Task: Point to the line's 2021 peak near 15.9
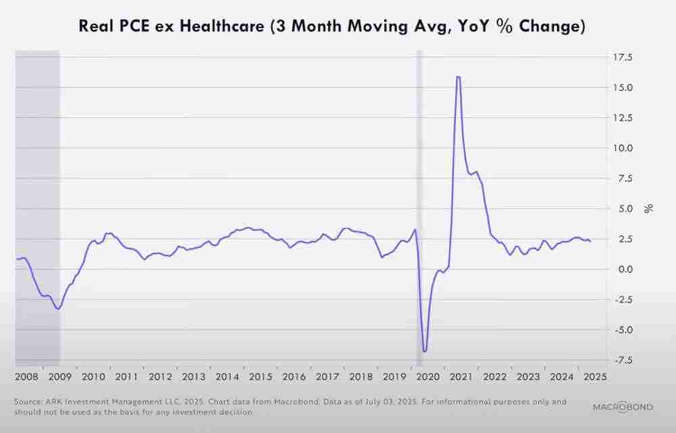[x=458, y=77]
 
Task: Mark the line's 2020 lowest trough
[x=425, y=351]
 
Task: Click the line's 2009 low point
[x=59, y=309]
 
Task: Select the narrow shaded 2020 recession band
[x=419, y=203]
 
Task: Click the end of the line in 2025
[x=590, y=241]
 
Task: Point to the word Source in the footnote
[x=28, y=402]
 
